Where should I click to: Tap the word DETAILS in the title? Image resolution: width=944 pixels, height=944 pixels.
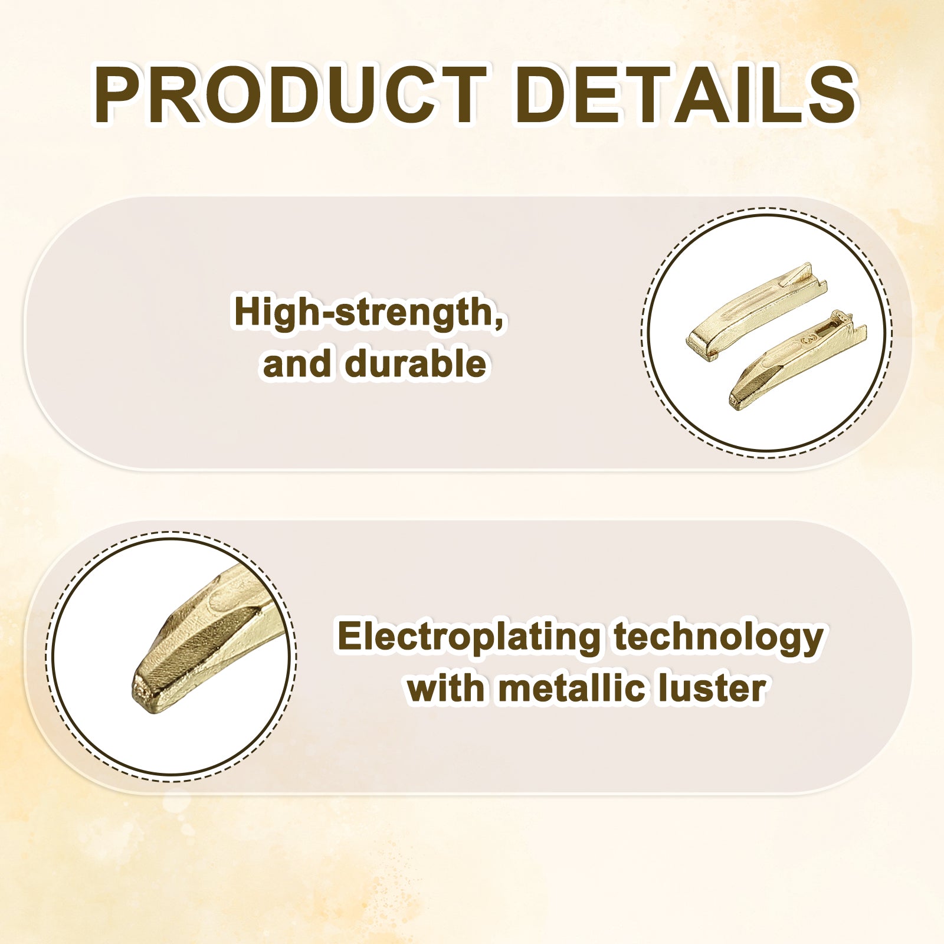click(x=686, y=95)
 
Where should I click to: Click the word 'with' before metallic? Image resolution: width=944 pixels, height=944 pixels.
click(x=445, y=688)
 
